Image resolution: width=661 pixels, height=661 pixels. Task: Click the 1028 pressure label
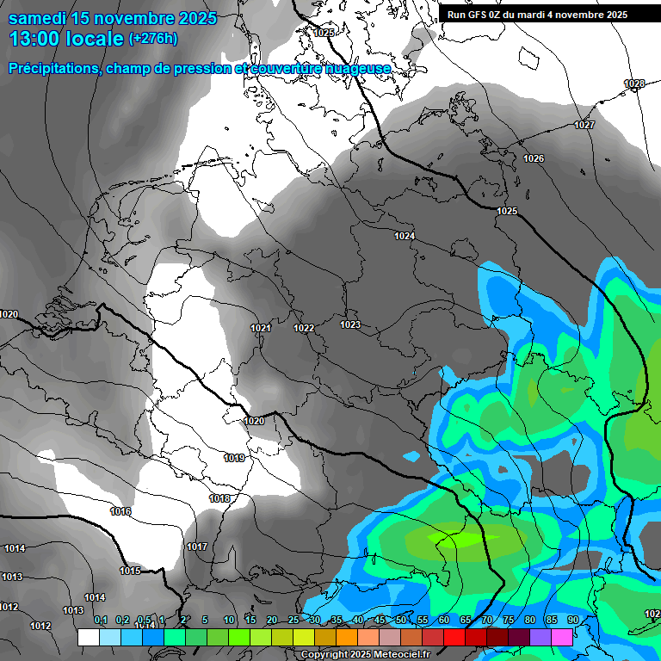pos(633,83)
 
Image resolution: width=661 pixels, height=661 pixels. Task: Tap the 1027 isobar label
pos(584,125)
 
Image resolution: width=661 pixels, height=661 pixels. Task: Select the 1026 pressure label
pos(534,158)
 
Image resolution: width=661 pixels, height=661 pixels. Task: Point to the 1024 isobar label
pos(405,236)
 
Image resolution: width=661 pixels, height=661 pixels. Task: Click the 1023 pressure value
pos(349,324)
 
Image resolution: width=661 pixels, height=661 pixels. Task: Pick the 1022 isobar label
pos(303,328)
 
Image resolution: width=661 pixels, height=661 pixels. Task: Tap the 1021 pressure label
pos(261,328)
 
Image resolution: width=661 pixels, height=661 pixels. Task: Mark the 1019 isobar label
pos(233,458)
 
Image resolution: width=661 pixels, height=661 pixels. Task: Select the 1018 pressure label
pos(219,498)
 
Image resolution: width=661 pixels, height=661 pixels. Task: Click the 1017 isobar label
pos(197,547)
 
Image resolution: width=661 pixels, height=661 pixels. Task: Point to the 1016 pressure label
pos(120,511)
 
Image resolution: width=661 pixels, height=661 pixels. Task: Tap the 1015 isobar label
pos(130,571)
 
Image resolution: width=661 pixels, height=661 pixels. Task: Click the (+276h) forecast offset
pos(154,39)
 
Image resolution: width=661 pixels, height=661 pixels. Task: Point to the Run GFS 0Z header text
pos(491,15)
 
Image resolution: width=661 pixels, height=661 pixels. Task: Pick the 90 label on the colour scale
pos(572,620)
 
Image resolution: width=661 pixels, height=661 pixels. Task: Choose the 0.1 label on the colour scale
pos(101,620)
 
